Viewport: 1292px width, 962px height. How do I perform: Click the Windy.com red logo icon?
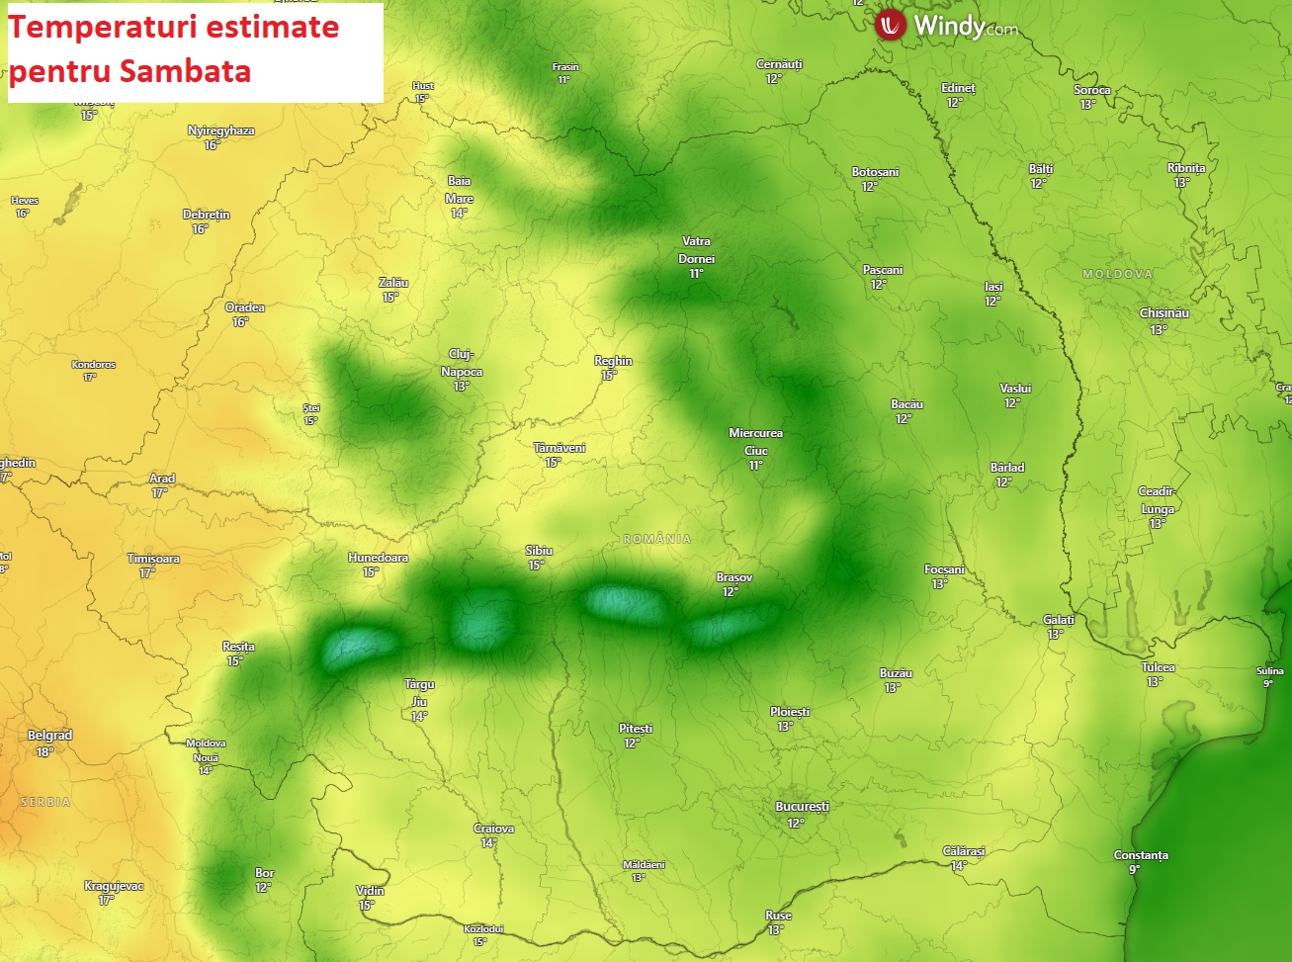891,25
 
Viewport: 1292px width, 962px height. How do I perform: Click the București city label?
802,807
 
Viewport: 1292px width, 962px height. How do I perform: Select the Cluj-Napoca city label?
461,363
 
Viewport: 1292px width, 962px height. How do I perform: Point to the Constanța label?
1141,855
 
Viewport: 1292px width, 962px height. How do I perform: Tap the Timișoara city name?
153,559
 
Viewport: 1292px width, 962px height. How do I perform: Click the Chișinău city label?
1163,313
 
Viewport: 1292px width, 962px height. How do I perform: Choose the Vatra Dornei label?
696,250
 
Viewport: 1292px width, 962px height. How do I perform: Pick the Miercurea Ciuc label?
755,441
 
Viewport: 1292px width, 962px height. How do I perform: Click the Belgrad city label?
49,736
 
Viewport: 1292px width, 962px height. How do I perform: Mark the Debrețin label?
206,215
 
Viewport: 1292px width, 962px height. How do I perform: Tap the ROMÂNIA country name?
657,539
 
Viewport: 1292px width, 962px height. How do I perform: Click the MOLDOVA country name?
1117,274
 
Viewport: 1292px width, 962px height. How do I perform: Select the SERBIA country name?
45,802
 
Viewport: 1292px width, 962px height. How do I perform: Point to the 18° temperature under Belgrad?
44,751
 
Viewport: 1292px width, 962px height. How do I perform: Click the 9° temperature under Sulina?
1268,683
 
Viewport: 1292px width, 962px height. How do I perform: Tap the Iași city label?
993,287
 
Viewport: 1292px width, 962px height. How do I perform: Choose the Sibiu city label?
539,551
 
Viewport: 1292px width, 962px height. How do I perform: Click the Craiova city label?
493,829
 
